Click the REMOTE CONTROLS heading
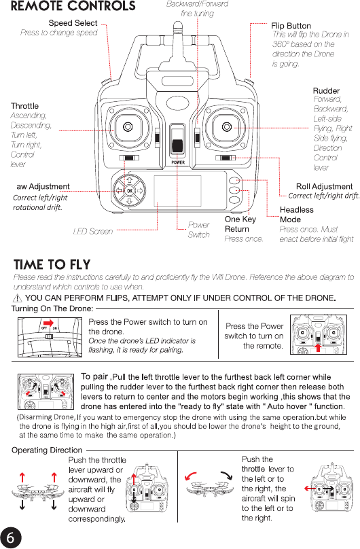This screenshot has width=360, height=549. pyautogui.click(x=73, y=6)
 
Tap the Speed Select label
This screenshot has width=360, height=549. pyautogui.click(x=73, y=23)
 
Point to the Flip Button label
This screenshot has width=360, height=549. pyautogui.click(x=291, y=26)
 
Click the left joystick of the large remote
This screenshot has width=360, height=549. pyautogui.click(x=128, y=126)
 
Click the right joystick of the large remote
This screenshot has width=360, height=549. pyautogui.click(x=227, y=126)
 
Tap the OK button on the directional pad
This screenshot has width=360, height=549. pyautogui.click(x=130, y=191)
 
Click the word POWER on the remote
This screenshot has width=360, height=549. pyautogui.click(x=178, y=162)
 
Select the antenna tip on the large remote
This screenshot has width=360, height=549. pyautogui.click(x=178, y=25)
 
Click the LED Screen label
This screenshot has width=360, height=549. pyautogui.click(x=93, y=232)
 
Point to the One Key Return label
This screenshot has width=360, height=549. pyautogui.click(x=240, y=224)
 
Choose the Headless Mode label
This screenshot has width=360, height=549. pyautogui.click(x=297, y=215)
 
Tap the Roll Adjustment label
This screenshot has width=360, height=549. pyautogui.click(x=324, y=187)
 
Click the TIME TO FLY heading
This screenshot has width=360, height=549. pyautogui.click(x=52, y=264)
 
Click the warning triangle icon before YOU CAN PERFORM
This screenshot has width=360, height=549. pyautogui.click(x=17, y=298)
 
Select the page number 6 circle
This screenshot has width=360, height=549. pyautogui.click(x=10, y=537)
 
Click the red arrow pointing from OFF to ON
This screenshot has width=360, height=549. pyautogui.click(x=48, y=323)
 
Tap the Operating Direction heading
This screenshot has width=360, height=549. pyautogui.click(x=47, y=450)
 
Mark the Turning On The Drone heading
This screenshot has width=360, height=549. pyautogui.click(x=52, y=308)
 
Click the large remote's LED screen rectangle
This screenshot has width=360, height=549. pyautogui.click(x=177, y=191)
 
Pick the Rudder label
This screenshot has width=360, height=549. pyautogui.click(x=326, y=90)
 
